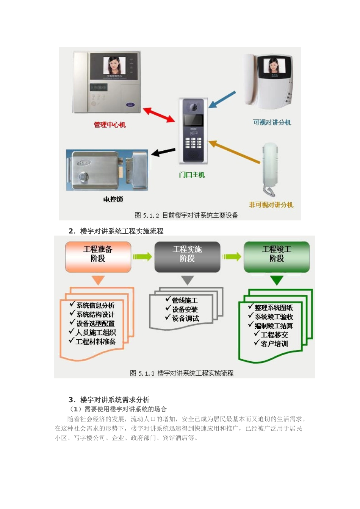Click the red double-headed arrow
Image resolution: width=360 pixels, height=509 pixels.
(x=159, y=115)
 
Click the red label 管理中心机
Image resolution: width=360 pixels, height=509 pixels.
(x=110, y=125)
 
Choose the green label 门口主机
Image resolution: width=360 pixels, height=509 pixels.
(x=192, y=175)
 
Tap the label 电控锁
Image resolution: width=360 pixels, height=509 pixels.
(x=113, y=199)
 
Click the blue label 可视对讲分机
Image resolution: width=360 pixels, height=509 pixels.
(x=272, y=122)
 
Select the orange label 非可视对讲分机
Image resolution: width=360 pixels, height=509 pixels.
(x=271, y=205)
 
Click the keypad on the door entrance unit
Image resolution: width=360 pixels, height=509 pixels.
(x=193, y=143)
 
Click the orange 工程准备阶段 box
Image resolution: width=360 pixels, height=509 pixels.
(x=98, y=257)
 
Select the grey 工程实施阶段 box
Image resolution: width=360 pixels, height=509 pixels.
(x=187, y=257)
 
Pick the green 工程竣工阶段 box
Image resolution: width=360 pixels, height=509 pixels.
(x=277, y=257)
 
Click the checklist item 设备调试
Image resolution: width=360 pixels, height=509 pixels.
(x=185, y=319)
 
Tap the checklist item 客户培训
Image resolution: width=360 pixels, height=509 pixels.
(x=274, y=344)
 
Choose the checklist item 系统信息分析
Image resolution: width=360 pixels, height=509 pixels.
(x=95, y=305)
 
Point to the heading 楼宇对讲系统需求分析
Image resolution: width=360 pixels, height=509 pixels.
(x=114, y=400)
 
